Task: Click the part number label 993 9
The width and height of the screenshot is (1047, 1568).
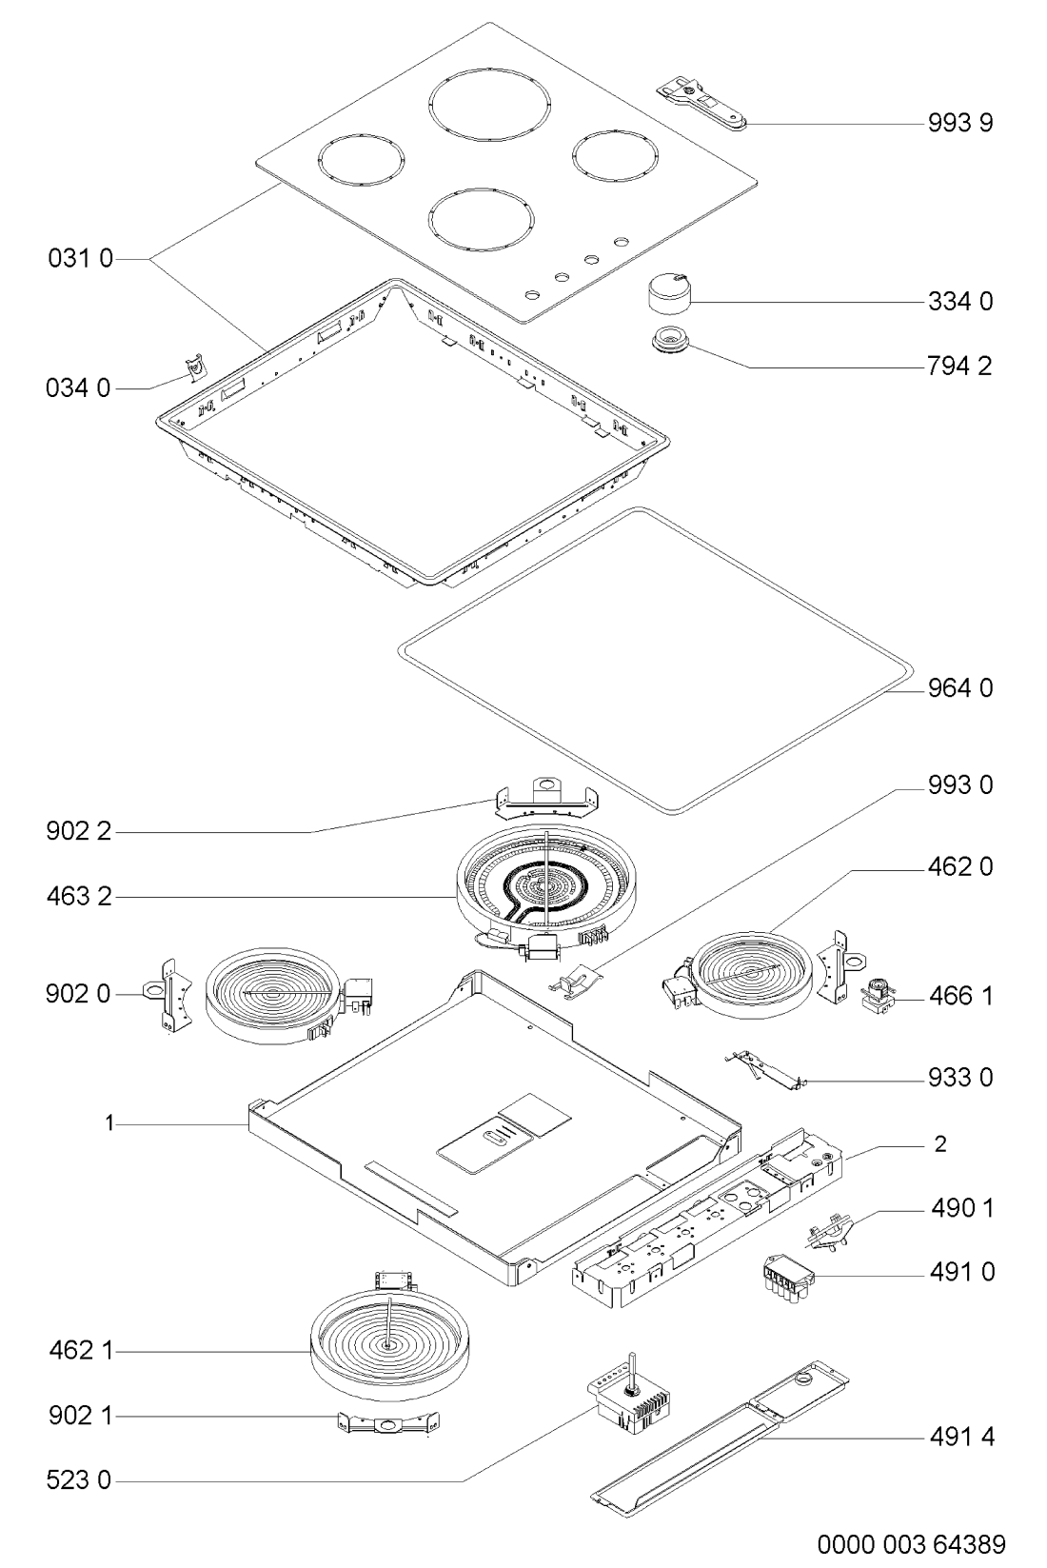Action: coord(960,123)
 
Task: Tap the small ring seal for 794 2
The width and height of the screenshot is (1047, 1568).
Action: coord(670,341)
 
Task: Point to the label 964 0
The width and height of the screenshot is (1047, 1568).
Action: coord(960,688)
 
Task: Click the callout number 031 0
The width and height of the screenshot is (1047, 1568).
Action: coord(80,259)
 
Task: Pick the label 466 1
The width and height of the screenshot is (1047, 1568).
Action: coord(961,996)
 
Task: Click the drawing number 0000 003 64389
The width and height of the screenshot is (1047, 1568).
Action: coord(912,1543)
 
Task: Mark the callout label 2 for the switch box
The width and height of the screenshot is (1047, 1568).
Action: coord(940,1143)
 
